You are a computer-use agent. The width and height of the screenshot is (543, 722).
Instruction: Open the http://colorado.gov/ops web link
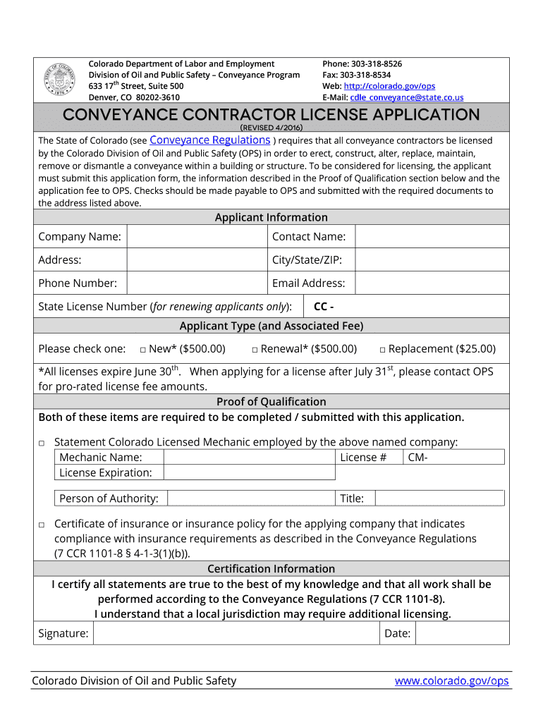pyautogui.click(x=389, y=86)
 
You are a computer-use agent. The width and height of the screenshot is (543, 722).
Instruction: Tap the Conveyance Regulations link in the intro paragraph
pyautogui.click(x=210, y=140)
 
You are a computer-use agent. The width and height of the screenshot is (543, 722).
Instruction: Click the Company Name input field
pyautogui.click(x=197, y=237)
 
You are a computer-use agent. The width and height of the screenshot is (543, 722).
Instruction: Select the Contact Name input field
pyautogui.click(x=432, y=237)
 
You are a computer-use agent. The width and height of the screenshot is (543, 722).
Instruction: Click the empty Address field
pyautogui.click(x=197, y=260)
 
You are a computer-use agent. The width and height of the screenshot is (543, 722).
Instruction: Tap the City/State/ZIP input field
pyautogui.click(x=432, y=260)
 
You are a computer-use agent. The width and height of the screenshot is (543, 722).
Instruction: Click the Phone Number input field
pyautogui.click(x=197, y=283)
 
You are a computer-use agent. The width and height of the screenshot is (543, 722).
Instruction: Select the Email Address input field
pyautogui.click(x=432, y=283)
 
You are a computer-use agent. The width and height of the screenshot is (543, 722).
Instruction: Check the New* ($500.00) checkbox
pyautogui.click(x=142, y=350)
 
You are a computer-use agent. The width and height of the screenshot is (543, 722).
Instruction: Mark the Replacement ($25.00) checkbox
pyautogui.click(x=382, y=350)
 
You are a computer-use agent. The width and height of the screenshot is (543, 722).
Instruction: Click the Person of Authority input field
pyautogui.click(x=250, y=498)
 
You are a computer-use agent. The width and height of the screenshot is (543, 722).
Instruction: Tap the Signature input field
pyautogui.click(x=236, y=633)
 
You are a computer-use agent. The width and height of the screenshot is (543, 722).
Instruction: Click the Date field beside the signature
pyautogui.click(x=461, y=633)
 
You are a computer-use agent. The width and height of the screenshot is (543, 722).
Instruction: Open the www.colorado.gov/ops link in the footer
pyautogui.click(x=451, y=681)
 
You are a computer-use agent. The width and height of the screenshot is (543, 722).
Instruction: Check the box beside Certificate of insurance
pyautogui.click(x=42, y=525)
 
